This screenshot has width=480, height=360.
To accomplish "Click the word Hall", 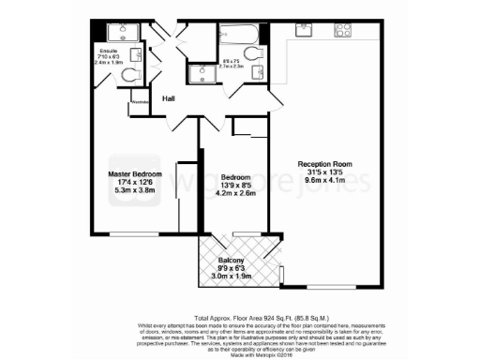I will tap(169, 98).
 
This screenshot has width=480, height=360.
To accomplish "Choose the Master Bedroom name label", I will tap(134, 175).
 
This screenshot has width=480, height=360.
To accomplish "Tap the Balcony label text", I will tap(232, 261).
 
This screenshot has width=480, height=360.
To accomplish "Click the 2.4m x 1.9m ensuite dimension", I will tap(109, 62).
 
